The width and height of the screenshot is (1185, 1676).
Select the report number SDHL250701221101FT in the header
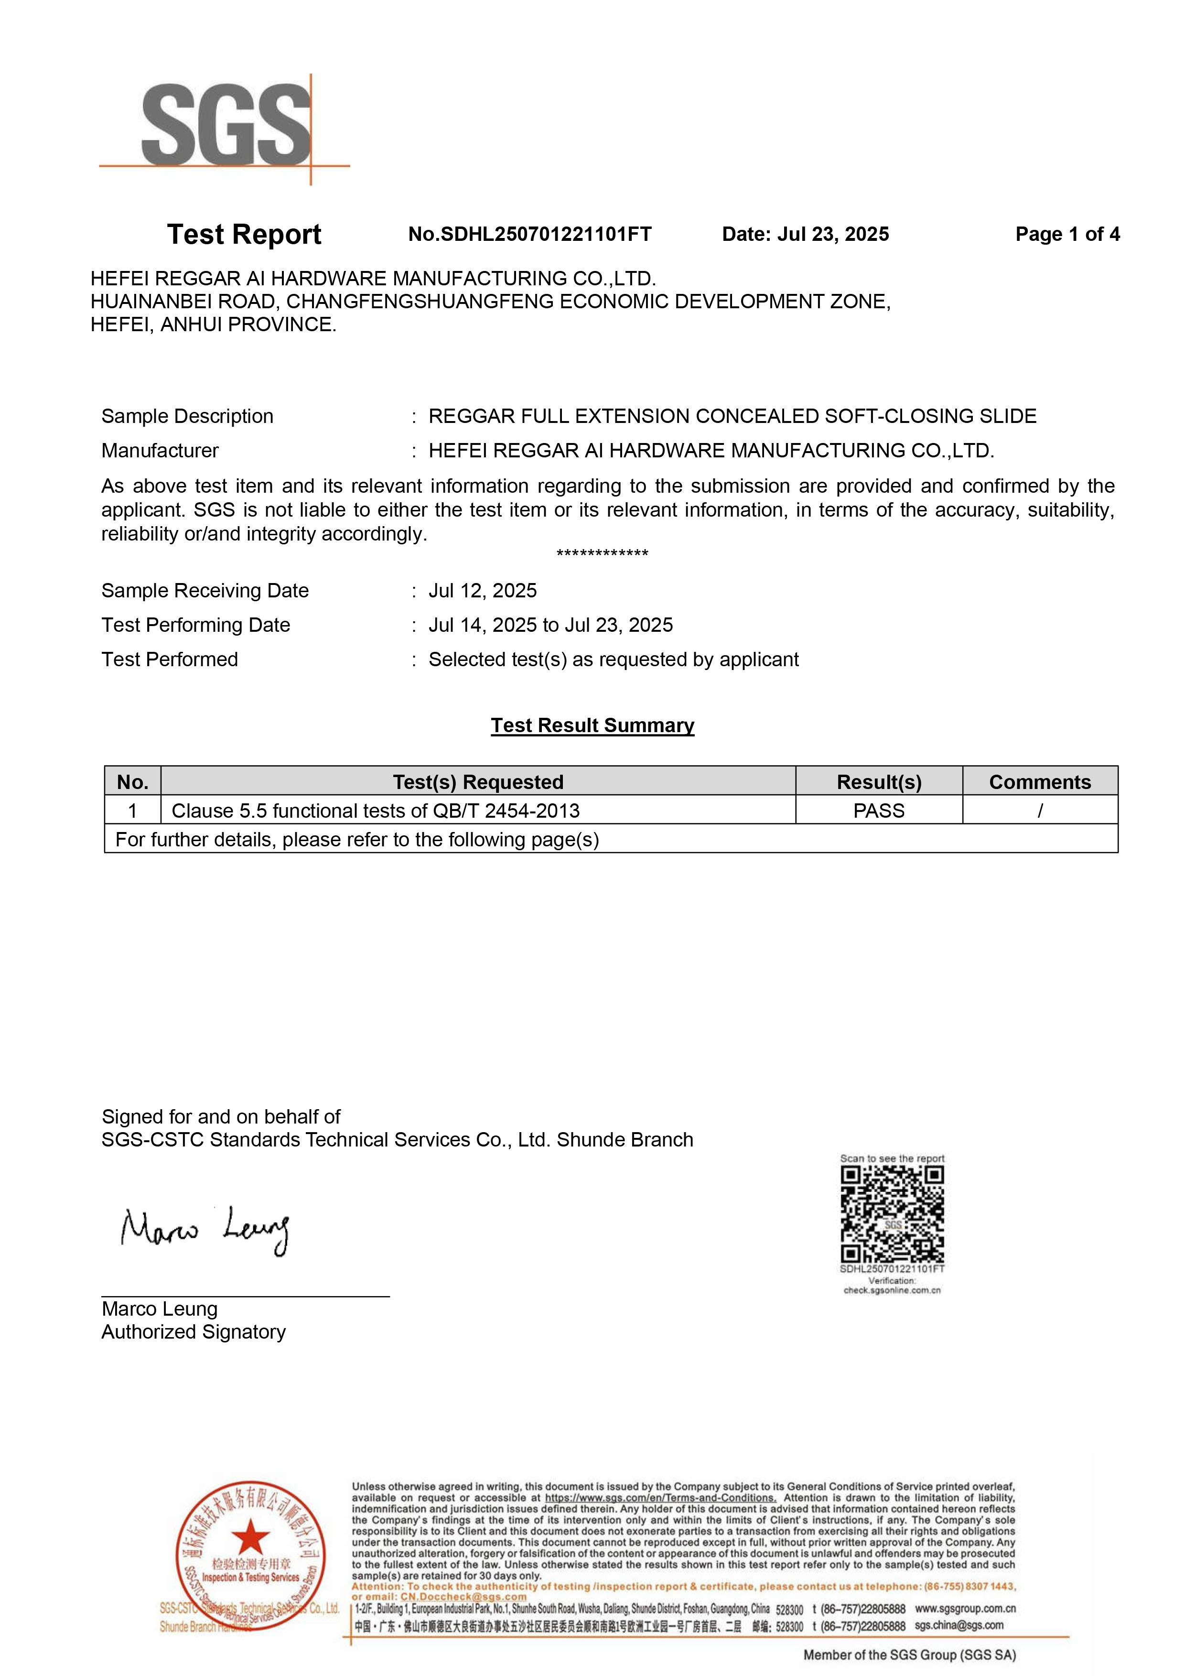(530, 234)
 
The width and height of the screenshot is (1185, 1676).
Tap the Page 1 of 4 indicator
(1067, 234)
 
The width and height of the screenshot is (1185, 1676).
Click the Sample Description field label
(187, 416)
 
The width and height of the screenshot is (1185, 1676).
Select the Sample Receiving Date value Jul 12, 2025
(482, 591)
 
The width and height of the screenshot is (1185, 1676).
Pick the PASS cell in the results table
(879, 810)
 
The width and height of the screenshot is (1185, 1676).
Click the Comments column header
(1039, 782)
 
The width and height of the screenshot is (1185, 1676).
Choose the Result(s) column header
(879, 782)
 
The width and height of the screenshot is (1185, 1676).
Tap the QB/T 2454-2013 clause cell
(376, 810)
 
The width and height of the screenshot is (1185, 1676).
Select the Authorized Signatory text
(194, 1332)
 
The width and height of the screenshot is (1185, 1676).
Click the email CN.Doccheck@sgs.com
(463, 1597)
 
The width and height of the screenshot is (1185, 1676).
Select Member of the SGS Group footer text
(909, 1655)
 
